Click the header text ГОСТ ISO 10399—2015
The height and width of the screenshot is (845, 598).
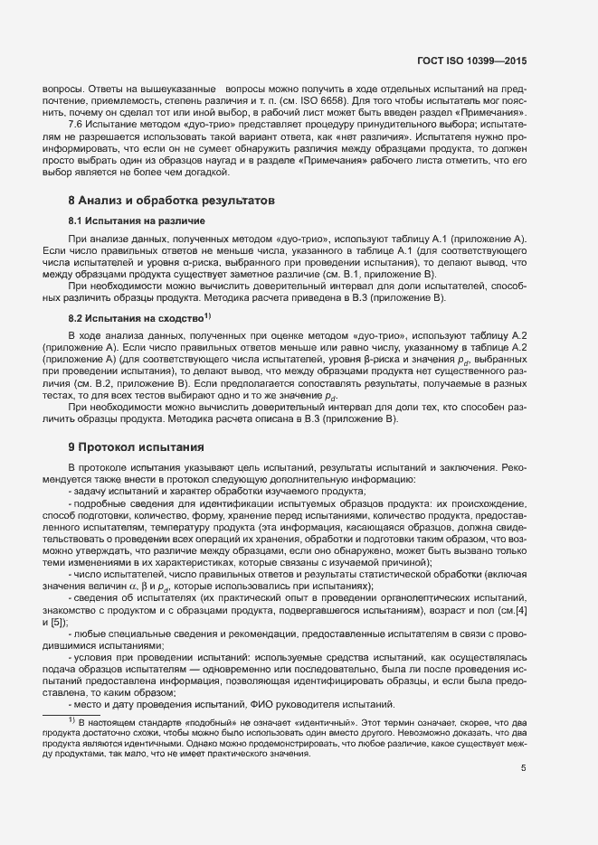click(479, 60)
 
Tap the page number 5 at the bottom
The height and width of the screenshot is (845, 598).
click(524, 768)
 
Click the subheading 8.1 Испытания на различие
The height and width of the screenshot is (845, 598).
click(136, 221)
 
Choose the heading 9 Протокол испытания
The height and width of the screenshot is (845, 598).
click(136, 447)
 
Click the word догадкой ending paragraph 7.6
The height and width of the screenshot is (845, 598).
click(207, 171)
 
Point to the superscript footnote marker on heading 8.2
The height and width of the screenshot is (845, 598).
click(207, 315)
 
